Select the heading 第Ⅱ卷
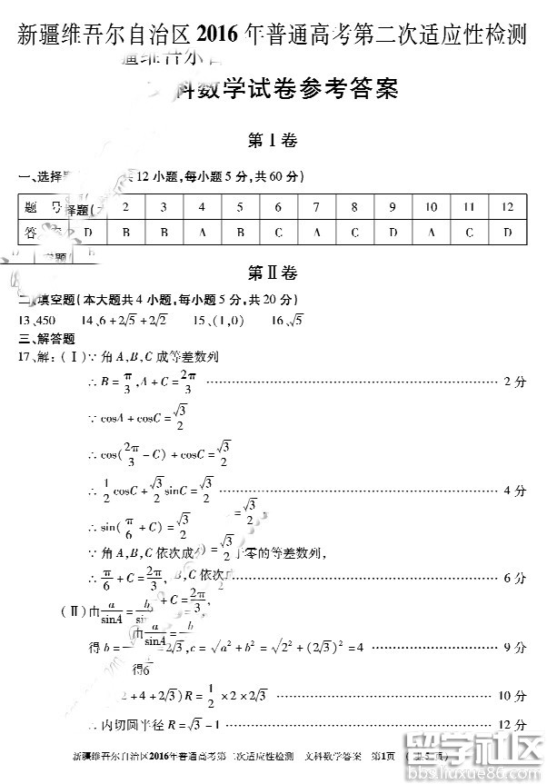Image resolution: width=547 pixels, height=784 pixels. pyautogui.click(x=273, y=273)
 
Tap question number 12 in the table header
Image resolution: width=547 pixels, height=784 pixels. pyautogui.click(x=507, y=207)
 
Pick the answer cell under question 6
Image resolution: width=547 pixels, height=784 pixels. pyautogui.click(x=278, y=233)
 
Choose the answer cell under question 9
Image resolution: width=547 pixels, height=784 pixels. pyautogui.click(x=393, y=233)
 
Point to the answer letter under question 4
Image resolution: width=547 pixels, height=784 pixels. pyautogui.click(x=202, y=233)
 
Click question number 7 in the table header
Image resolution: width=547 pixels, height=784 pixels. pyautogui.click(x=316, y=207)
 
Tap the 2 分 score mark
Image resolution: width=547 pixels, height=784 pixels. pyautogui.click(x=514, y=382)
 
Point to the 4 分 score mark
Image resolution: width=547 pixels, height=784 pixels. pyautogui.click(x=514, y=491)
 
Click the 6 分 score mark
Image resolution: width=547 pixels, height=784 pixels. pyautogui.click(x=514, y=578)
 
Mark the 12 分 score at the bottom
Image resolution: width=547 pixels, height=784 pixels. pyautogui.click(x=512, y=725)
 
